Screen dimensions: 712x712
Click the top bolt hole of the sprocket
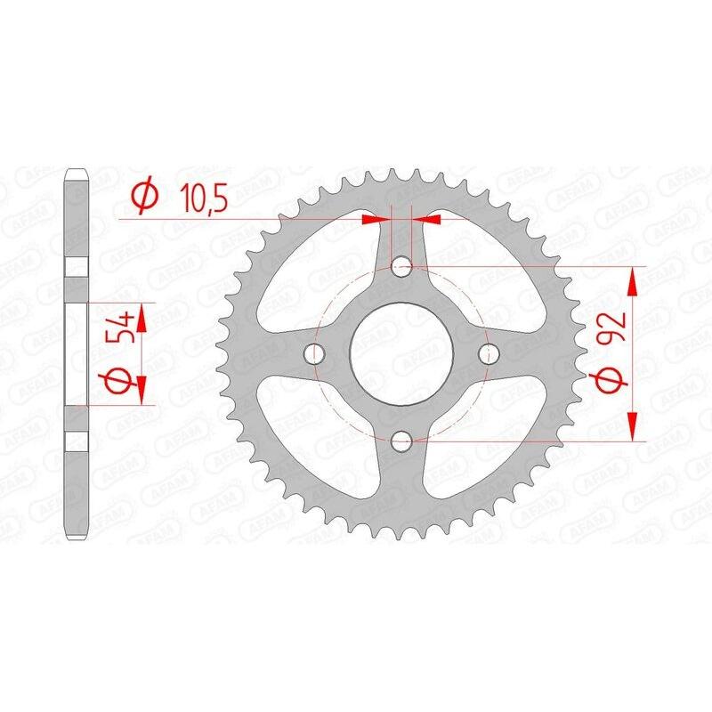coord(401,265)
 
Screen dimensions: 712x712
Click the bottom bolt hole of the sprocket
coord(401,440)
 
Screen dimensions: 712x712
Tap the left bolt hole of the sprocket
coord(313,353)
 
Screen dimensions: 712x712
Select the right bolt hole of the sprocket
coord(487,353)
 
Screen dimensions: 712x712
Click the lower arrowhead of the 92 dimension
coord(633,425)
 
